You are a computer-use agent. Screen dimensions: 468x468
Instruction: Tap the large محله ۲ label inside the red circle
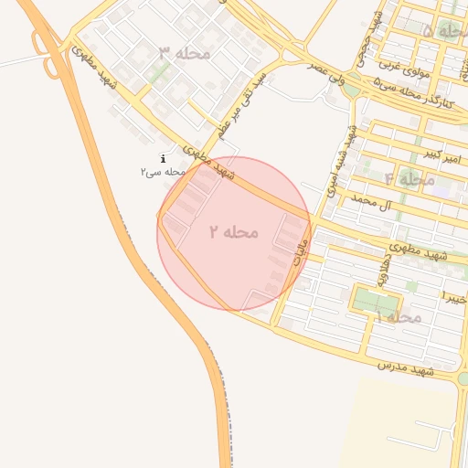pyautogui.click(x=233, y=232)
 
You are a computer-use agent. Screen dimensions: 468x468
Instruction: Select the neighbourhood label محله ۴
pyautogui.click(x=409, y=178)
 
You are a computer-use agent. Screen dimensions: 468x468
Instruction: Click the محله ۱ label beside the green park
pyautogui.click(x=397, y=316)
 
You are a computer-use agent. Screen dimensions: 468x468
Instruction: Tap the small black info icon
pyautogui.click(x=163, y=159)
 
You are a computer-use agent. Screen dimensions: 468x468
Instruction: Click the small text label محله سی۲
pyautogui.click(x=164, y=172)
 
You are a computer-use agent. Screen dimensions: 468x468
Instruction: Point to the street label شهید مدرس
pyautogui.click(x=405, y=367)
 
